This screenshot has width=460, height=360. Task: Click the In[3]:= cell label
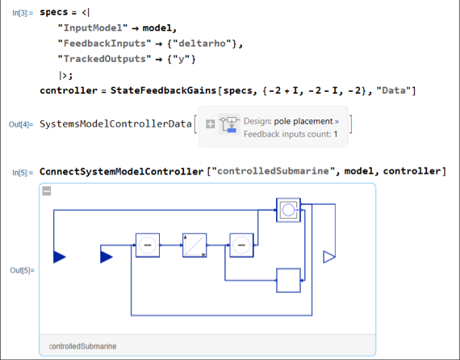23,13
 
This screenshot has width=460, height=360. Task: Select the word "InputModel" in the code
93,28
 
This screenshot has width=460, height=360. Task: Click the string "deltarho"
202,44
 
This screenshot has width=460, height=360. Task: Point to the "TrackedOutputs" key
104,59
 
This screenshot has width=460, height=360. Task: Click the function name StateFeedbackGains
163,90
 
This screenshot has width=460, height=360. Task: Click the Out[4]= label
21,124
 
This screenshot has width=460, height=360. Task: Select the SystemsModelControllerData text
115,124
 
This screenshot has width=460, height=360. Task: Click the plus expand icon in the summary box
210,124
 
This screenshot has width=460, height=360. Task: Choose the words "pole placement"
303,121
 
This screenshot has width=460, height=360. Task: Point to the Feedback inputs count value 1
336,134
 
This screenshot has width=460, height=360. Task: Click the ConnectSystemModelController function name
121,171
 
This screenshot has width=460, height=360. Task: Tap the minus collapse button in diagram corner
47,191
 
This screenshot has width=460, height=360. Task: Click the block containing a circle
288,210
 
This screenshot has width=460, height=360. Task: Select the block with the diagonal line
194,245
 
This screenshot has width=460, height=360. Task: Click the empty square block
288,280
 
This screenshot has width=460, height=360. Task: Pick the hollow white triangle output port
329,257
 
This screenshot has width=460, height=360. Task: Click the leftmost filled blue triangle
59,257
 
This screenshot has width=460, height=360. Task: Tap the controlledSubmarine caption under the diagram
82,346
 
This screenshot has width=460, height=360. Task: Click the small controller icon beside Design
229,124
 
